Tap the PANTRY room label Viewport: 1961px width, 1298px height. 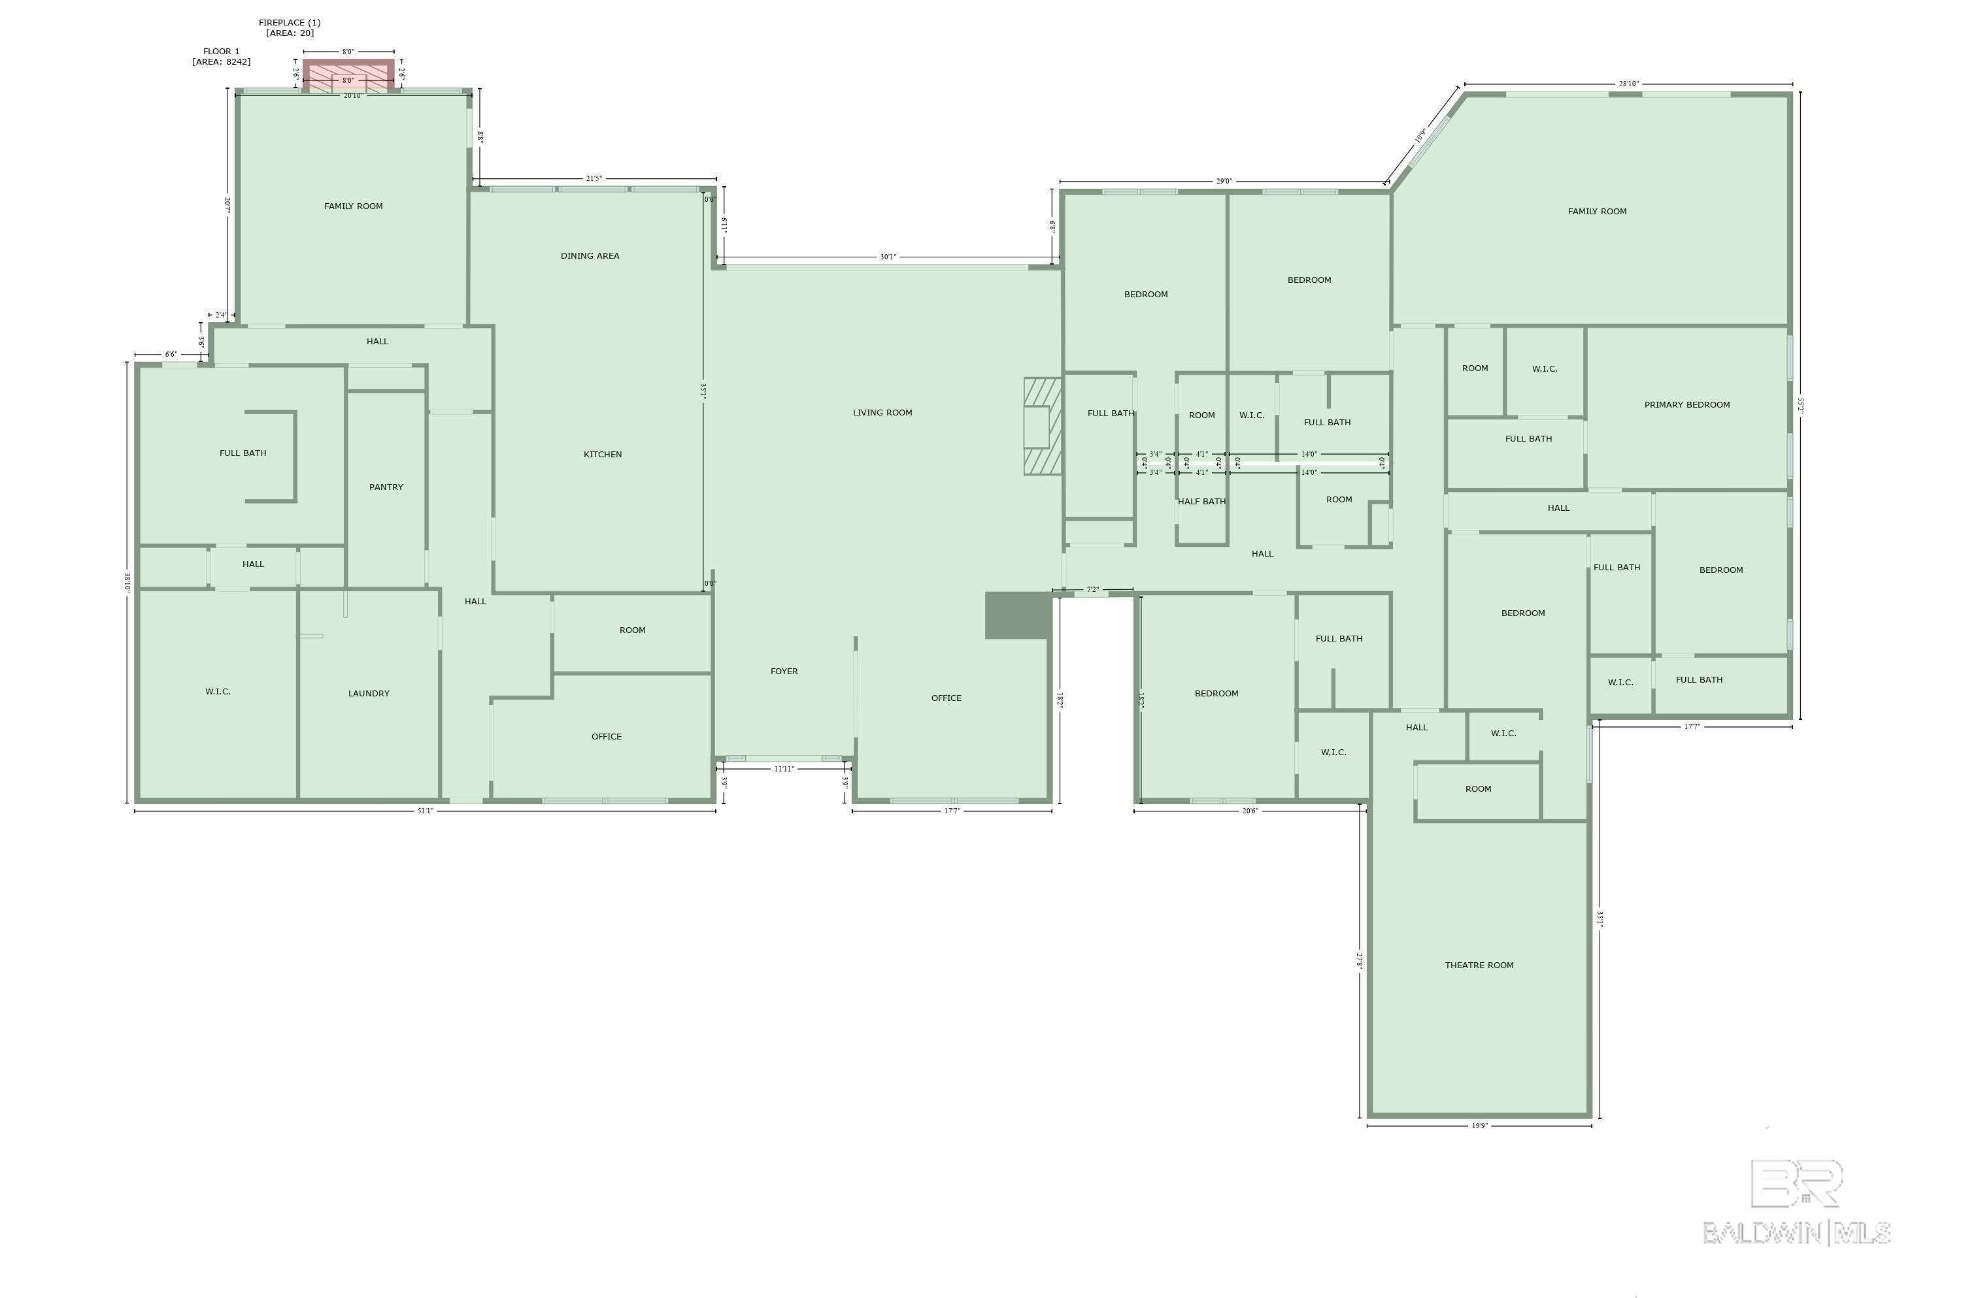386,487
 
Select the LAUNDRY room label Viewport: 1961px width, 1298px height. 369,694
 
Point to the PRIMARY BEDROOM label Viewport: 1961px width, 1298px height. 1687,405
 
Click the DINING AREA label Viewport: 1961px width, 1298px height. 590,256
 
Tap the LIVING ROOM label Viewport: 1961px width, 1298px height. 883,412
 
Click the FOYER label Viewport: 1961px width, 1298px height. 784,672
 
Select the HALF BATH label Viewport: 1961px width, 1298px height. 1201,502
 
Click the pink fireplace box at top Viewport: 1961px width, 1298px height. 348,75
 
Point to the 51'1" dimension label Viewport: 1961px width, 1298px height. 425,811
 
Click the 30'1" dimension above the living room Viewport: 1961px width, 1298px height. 888,257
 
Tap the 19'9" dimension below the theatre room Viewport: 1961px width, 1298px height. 1480,1126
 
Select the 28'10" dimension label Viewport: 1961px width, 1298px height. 1629,84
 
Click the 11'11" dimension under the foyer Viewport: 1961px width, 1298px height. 784,769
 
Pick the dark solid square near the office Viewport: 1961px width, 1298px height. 1018,615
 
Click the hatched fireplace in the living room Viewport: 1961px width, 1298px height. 1043,427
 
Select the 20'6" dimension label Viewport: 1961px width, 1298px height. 1250,811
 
